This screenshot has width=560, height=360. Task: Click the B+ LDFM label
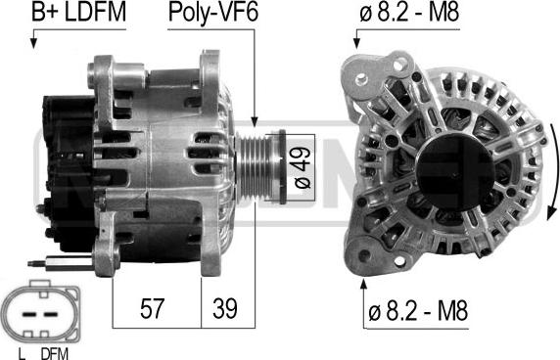coord(78,13)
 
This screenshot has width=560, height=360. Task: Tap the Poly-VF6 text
coord(212,13)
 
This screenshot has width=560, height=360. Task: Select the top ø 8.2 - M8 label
coord(409,13)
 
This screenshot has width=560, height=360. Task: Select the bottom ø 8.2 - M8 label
coord(417,310)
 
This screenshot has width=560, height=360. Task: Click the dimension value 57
coord(152,308)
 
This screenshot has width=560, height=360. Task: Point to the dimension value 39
coord(225,308)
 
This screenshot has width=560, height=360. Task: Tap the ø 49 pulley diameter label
coord(303,167)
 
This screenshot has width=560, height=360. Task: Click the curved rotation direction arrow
coord(552,167)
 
